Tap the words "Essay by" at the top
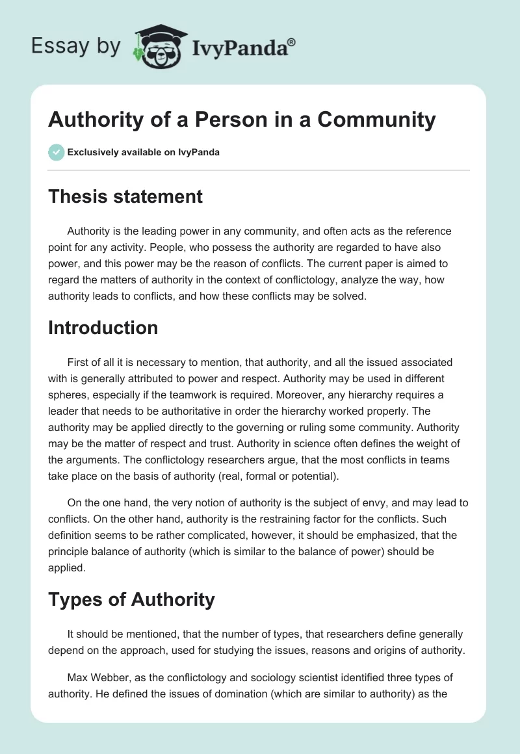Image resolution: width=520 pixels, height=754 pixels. point(76,46)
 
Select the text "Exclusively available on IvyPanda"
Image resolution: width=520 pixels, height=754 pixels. point(144,153)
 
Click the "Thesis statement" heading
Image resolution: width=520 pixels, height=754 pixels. point(125,196)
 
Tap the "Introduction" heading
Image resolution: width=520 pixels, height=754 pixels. point(103,328)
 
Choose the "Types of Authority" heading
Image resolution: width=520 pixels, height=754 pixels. point(131,599)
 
